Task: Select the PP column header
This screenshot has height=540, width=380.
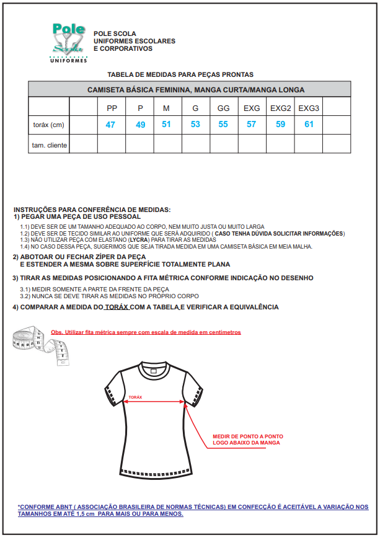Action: (x=112, y=108)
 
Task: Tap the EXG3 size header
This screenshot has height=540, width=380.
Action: (x=309, y=108)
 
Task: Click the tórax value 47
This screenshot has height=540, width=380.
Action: (x=111, y=125)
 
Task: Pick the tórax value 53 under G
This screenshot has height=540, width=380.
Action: (x=196, y=125)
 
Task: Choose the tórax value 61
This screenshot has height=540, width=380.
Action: (x=309, y=125)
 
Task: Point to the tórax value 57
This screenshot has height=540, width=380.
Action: (x=252, y=125)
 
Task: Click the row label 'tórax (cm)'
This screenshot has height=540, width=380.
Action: (x=49, y=125)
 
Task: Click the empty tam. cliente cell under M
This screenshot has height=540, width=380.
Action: (x=167, y=145)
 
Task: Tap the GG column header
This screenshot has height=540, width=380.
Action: (x=224, y=108)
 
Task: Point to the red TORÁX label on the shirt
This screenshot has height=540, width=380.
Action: (x=135, y=397)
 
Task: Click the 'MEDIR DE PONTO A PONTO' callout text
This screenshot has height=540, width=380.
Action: (x=248, y=439)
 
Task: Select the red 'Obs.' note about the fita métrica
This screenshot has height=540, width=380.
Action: (x=146, y=332)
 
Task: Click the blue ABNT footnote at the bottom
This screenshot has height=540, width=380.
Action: (x=192, y=510)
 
